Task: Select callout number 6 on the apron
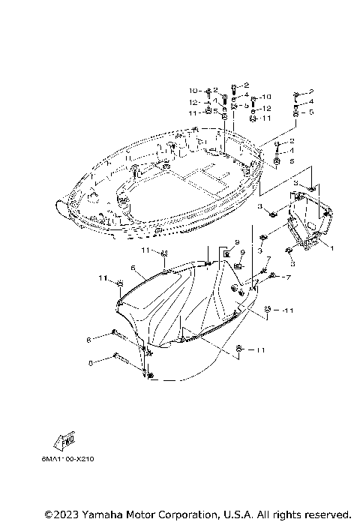[132, 268]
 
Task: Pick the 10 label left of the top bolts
[192, 91]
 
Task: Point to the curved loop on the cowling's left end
[58, 204]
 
